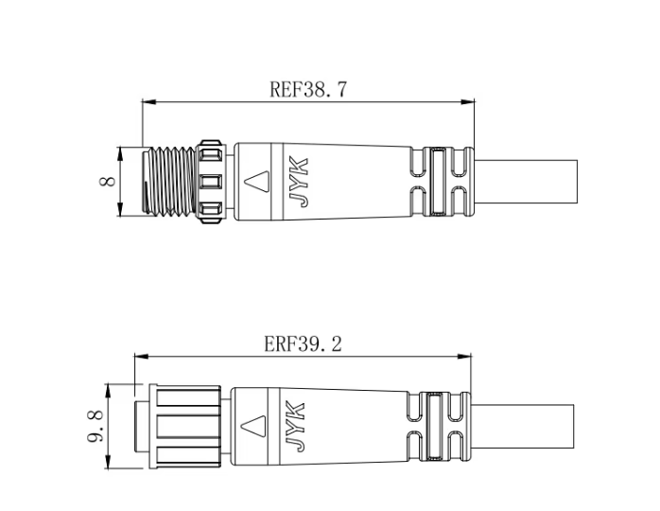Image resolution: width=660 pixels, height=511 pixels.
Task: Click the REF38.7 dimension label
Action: click(308, 89)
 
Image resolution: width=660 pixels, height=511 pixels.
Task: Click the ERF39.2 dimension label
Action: click(304, 344)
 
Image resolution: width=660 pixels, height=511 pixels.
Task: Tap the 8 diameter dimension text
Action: click(108, 181)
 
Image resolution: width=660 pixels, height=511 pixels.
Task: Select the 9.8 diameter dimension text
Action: click(96, 426)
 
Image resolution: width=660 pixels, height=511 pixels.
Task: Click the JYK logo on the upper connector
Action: click(300, 182)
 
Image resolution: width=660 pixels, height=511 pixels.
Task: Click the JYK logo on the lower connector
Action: click(295, 427)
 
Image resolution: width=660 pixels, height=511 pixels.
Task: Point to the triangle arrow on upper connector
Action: click(257, 182)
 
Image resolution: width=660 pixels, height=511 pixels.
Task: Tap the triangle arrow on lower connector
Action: click(253, 426)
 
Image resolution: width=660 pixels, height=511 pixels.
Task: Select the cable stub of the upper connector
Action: click(526, 182)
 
